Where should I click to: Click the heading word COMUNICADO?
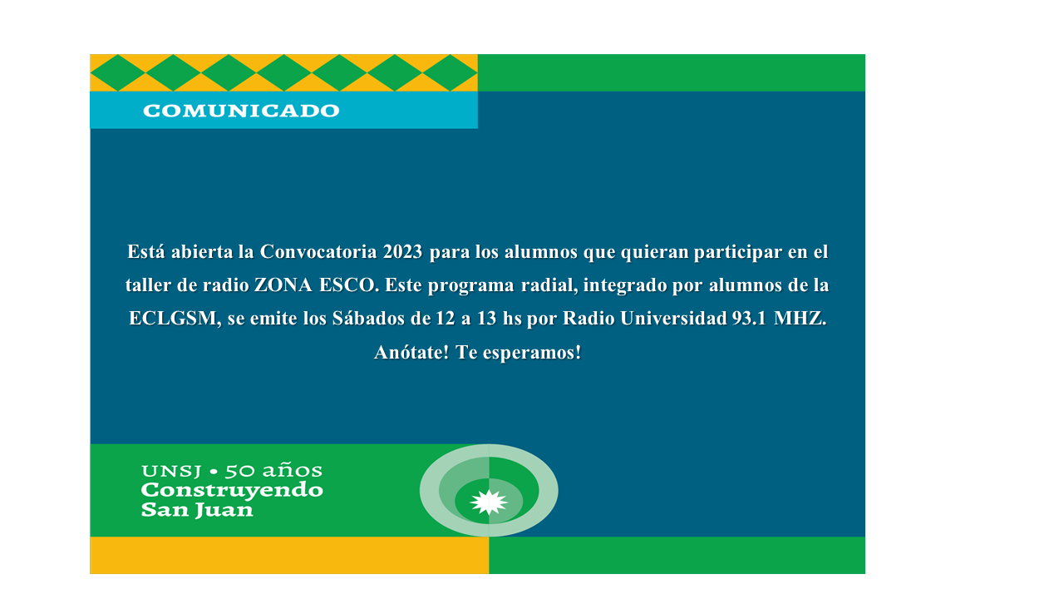pos(241,111)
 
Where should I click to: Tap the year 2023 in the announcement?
pos(402,252)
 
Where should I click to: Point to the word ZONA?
pos(283,285)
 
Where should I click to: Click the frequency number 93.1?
pos(749,319)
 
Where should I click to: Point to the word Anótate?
pos(411,352)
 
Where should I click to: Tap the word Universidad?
pos(673,319)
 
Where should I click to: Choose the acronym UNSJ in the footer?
pos(171,471)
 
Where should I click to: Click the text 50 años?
pos(273,471)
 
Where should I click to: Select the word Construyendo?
pos(232,491)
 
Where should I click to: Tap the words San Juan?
pos(197,510)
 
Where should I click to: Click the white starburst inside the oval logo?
pos(489,502)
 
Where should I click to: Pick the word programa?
pos(470,286)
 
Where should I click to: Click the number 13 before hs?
pos(487,319)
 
